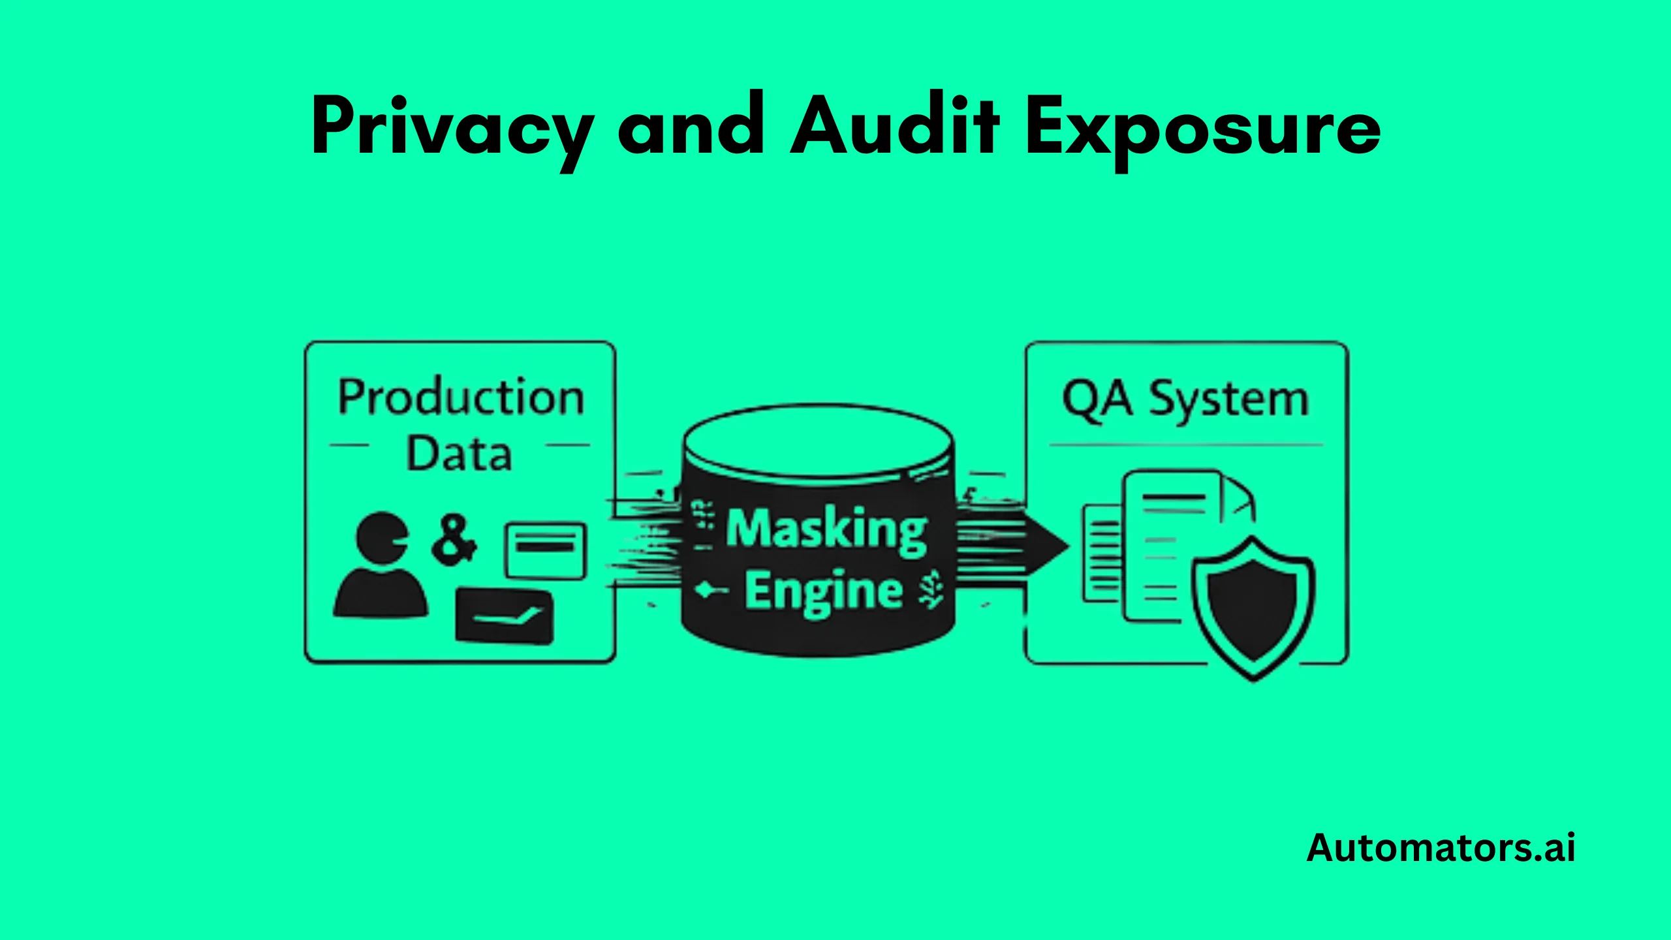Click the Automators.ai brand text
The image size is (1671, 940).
(1441, 848)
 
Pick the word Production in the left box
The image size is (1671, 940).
(461, 398)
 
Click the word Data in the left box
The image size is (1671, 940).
(459, 454)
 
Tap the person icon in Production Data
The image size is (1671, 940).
(381, 565)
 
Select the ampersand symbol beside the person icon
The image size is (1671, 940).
(454, 540)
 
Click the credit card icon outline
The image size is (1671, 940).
(546, 550)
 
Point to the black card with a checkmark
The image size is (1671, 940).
(505, 615)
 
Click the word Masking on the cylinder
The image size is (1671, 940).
(826, 529)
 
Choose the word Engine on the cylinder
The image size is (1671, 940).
(824, 591)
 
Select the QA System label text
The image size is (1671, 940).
(1185, 399)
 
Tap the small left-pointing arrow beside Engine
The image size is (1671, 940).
(710, 591)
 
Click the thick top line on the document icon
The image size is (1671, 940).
(1174, 498)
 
